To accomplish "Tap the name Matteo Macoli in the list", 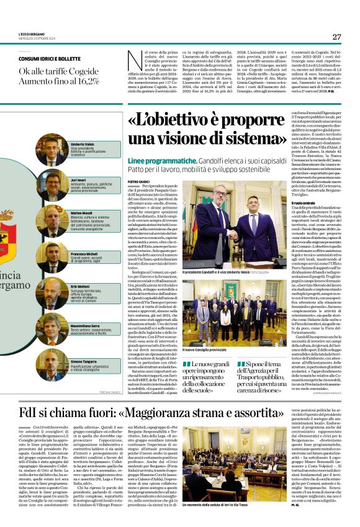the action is [x=81, y=213].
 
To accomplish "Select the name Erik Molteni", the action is [x=79, y=286].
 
